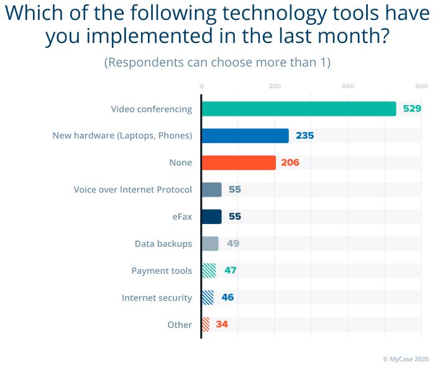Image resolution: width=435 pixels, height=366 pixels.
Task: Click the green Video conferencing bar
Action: pyautogui.click(x=299, y=109)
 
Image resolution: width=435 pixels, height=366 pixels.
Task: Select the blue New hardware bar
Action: pyautogui.click(x=245, y=136)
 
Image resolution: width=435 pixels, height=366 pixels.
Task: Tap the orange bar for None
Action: pyautogui.click(x=239, y=162)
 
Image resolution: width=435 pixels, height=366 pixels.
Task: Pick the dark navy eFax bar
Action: pyautogui.click(x=212, y=217)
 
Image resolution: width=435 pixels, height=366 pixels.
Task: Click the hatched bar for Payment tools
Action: pyautogui.click(x=209, y=271)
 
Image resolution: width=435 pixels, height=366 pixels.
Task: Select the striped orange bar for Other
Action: pyautogui.click(x=206, y=324)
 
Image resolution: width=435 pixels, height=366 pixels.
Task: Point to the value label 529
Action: pyautogui.click(x=412, y=109)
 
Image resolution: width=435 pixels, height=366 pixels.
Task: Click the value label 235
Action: pyautogui.click(x=304, y=136)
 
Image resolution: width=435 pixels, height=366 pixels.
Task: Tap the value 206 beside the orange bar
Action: pyautogui.click(x=290, y=162)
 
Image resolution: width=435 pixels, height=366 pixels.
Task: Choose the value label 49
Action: pyautogui.click(x=233, y=243)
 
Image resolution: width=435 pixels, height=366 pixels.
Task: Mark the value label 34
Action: pyautogui.click(x=222, y=324)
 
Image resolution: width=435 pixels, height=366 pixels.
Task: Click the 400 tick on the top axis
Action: pyautogui.click(x=347, y=86)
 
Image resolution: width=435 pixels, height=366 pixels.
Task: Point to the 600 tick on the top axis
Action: pyautogui.click(x=421, y=86)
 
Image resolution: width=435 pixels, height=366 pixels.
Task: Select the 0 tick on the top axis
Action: pyautogui.click(x=201, y=86)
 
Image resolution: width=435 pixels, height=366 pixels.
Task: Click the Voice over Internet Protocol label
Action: pyautogui.click(x=132, y=190)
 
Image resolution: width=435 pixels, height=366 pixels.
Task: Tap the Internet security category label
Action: pyautogui.click(x=157, y=298)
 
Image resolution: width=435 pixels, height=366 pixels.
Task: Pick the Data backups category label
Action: pyautogui.click(x=163, y=244)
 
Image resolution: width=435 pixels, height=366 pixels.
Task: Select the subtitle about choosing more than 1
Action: pyautogui.click(x=217, y=62)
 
